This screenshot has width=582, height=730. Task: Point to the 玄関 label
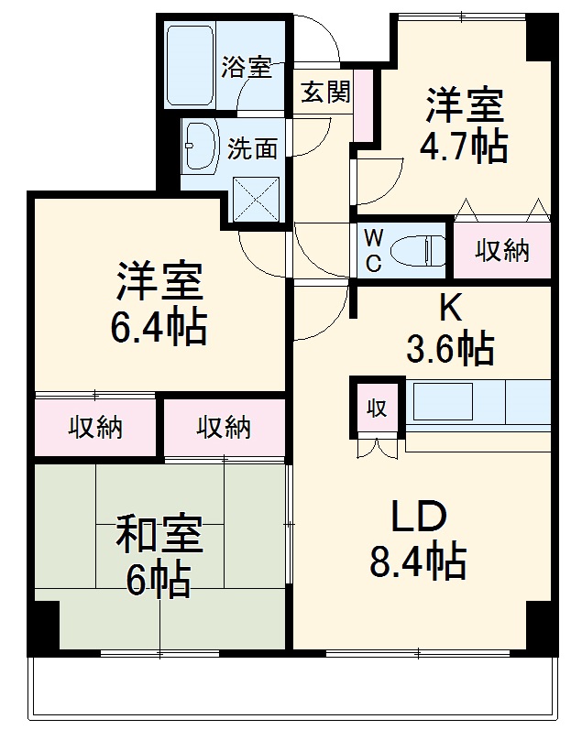click(326, 92)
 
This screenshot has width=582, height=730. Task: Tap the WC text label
click(374, 250)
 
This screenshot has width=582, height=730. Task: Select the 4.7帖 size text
click(463, 146)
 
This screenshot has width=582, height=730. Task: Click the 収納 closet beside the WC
click(502, 249)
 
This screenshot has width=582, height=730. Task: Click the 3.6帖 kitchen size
click(450, 347)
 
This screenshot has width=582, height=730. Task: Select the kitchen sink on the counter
click(442, 401)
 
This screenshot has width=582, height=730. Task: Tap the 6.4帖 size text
click(159, 326)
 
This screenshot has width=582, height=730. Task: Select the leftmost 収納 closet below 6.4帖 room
click(96, 427)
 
